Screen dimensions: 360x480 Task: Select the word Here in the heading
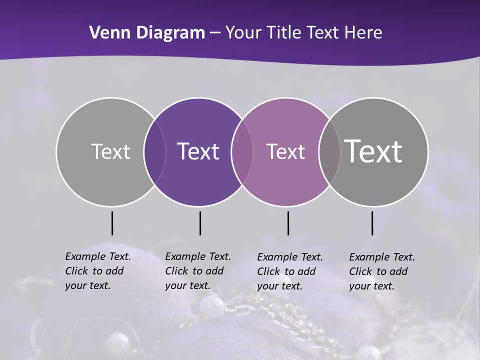(x=363, y=33)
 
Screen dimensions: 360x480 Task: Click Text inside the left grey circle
(x=110, y=151)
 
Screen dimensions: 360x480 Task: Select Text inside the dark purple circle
(x=198, y=151)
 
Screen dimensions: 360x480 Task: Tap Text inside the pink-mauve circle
(x=285, y=151)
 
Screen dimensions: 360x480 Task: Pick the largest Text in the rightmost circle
(x=373, y=151)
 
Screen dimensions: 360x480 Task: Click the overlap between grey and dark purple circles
(x=154, y=152)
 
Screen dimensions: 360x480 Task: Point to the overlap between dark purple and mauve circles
(x=242, y=152)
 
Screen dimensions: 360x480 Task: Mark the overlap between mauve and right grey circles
(x=329, y=152)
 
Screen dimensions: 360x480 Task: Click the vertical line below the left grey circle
(x=112, y=223)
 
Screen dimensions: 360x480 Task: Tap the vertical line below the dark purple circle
(x=200, y=223)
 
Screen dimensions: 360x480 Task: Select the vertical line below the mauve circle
(x=288, y=223)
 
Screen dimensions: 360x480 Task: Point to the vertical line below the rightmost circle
(x=372, y=223)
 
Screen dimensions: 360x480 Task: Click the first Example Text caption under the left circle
(x=98, y=271)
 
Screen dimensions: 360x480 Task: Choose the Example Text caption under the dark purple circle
(x=198, y=271)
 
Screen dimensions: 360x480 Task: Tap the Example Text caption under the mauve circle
(x=290, y=271)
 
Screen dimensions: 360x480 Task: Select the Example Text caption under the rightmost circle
(x=382, y=271)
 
